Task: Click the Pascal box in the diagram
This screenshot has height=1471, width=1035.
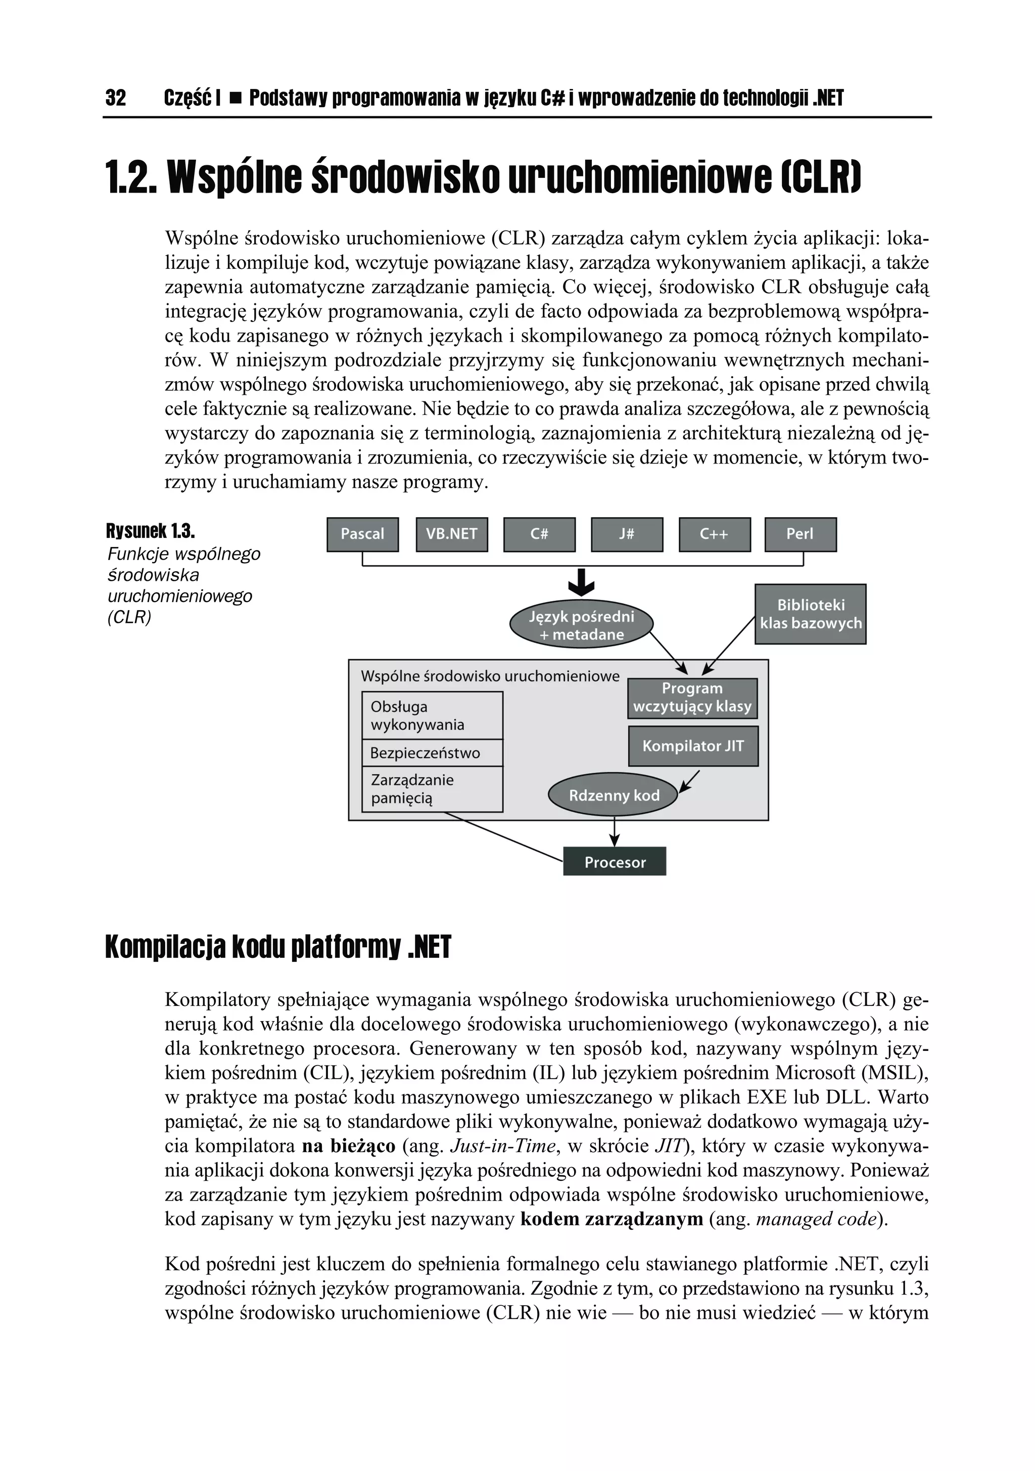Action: click(x=362, y=534)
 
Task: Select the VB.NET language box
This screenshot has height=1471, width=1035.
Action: click(x=451, y=534)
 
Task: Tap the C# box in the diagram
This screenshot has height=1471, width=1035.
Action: click(x=539, y=534)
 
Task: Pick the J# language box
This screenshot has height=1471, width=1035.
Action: click(x=626, y=534)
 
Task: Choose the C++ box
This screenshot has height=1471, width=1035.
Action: click(x=714, y=534)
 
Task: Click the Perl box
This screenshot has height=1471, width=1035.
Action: click(x=800, y=534)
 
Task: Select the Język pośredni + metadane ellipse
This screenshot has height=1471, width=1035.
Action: click(x=581, y=625)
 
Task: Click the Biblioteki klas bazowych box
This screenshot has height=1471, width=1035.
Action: click(x=810, y=614)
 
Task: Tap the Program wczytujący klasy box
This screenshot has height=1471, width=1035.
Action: click(x=692, y=698)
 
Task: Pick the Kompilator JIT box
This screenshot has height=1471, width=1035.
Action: click(x=693, y=746)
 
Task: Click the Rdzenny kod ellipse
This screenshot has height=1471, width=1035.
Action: click(x=614, y=796)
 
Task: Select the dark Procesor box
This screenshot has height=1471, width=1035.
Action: click(x=614, y=862)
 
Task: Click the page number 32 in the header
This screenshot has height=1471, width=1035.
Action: click(x=116, y=98)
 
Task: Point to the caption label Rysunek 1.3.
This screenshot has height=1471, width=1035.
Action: click(x=150, y=531)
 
